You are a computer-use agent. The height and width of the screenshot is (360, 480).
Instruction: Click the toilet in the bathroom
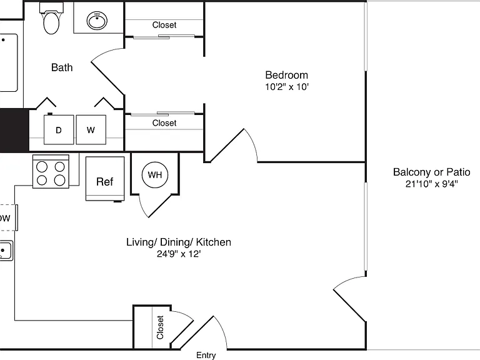51,18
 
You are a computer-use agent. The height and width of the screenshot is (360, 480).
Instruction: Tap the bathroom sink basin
97,21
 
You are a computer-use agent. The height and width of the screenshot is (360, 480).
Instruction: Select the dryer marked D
59,129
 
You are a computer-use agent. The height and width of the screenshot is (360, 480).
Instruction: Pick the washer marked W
91,129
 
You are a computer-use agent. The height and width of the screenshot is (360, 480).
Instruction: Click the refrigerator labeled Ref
105,179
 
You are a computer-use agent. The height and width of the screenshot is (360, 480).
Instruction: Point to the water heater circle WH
155,175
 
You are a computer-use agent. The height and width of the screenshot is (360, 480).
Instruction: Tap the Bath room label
62,67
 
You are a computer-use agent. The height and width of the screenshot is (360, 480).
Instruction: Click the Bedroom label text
286,75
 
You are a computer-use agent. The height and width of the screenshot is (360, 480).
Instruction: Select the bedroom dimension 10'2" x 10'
286,87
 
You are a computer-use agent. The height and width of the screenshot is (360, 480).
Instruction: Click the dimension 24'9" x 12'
179,254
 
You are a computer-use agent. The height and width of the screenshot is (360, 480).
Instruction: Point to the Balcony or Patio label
432,172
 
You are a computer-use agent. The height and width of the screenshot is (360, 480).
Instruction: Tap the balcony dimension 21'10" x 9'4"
432,184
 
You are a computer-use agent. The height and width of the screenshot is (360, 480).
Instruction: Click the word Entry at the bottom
206,355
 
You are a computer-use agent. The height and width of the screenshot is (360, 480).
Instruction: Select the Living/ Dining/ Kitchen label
179,242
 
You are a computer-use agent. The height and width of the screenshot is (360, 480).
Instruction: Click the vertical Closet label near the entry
160,327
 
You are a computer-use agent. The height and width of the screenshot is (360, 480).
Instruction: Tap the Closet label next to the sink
164,25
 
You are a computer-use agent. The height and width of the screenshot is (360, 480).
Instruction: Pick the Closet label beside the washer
164,123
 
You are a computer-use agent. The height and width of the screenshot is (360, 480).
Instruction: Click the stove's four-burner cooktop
51,171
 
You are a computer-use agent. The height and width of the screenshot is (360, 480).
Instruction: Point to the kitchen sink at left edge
6,251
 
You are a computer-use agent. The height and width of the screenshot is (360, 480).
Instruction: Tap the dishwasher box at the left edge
8,217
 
